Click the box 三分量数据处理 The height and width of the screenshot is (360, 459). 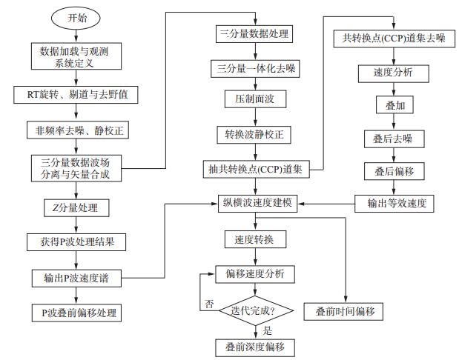click(256, 34)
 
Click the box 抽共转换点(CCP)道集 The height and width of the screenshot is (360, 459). click(256, 170)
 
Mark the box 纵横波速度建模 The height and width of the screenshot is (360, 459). click(256, 202)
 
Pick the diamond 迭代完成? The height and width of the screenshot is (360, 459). click(256, 312)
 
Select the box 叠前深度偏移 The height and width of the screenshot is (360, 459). click(256, 347)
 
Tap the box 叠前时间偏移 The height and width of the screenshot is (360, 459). click(346, 311)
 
